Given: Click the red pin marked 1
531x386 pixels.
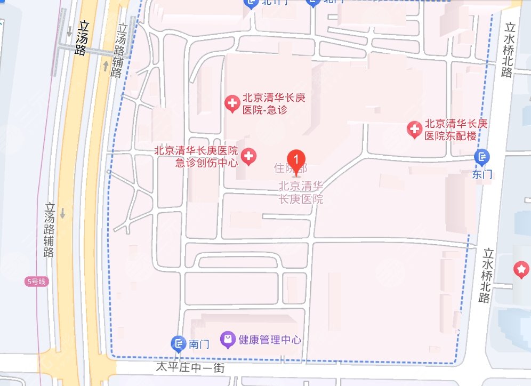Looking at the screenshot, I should click(296, 159).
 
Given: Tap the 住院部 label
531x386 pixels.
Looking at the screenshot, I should click(291, 170).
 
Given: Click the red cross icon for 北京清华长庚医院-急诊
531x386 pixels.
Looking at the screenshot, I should click(232, 104).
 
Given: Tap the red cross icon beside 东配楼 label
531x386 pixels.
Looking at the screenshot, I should click(414, 129).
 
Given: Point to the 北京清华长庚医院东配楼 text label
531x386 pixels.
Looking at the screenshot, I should click(456, 130).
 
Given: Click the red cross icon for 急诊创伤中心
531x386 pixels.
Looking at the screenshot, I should click(248, 157).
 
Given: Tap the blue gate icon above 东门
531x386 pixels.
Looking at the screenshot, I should click(482, 157).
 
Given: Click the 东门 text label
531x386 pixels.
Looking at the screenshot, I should click(482, 174).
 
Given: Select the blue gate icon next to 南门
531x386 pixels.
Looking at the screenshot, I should click(178, 344).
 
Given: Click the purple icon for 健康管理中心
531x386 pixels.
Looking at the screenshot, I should click(228, 339).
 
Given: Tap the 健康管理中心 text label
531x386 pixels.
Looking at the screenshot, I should click(270, 340).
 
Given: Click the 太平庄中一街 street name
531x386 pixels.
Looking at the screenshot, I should click(190, 367).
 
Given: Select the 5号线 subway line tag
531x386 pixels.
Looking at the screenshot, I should click(36, 282).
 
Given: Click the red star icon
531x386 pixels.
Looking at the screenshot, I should click(520, 270).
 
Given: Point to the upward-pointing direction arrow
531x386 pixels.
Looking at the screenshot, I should click(106, 66).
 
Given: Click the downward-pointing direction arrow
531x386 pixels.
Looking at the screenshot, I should click(62, 213).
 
